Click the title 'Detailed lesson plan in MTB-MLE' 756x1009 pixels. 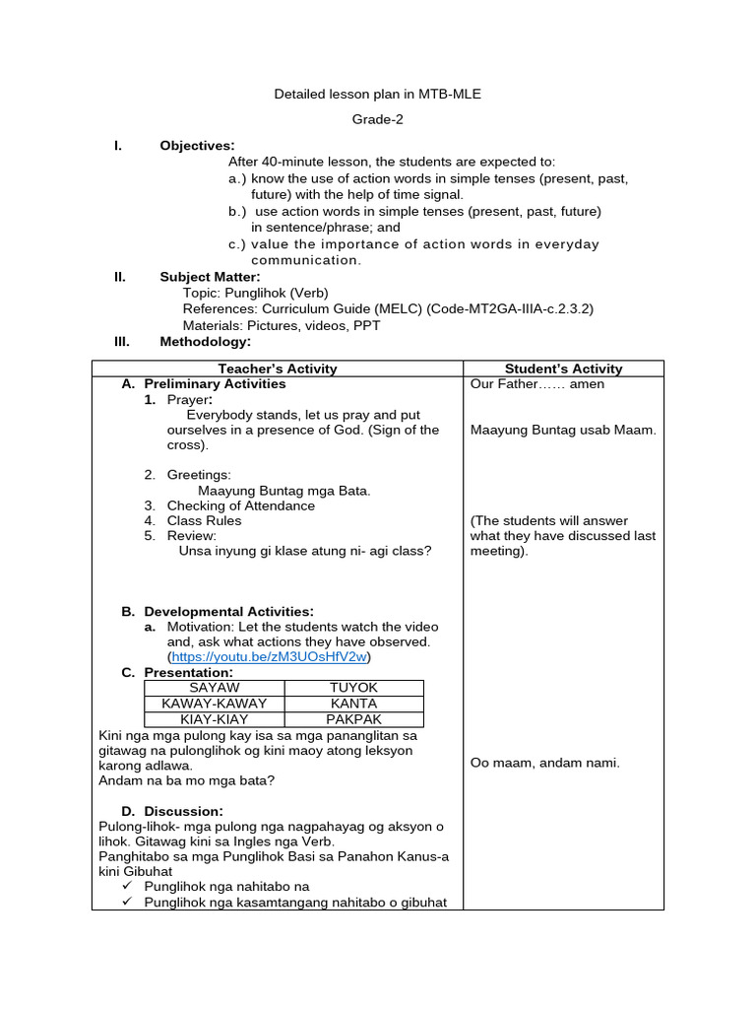tap(377, 95)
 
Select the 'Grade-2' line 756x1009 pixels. tap(378, 120)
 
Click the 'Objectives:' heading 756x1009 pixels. tap(197, 146)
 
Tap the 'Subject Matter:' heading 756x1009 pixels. tap(210, 277)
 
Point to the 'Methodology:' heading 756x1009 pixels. tap(205, 342)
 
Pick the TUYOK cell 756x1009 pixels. tap(353, 688)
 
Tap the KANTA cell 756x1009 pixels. tap(353, 704)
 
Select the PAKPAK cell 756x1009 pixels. tap(353, 719)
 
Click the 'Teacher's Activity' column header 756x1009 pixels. tap(277, 369)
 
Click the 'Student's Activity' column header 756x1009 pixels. tap(563, 369)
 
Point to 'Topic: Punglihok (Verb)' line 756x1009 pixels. tap(255, 293)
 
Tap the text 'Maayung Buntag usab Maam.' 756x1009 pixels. tap(563, 430)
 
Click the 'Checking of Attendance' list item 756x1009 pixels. tap(240, 505)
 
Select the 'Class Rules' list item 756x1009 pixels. tap(204, 520)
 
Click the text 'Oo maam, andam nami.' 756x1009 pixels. tap(544, 762)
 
